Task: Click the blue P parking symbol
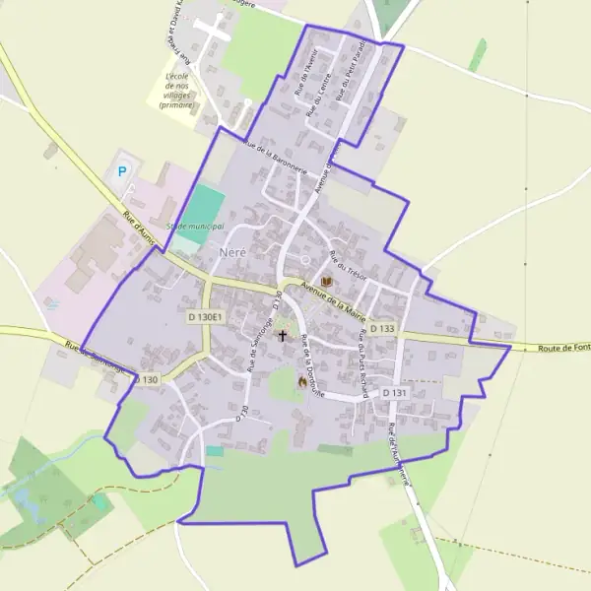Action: [x=123, y=171]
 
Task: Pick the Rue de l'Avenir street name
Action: [x=304, y=72]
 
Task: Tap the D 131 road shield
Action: [x=393, y=393]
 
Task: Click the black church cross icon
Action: [x=283, y=335]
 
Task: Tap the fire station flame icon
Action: [x=302, y=381]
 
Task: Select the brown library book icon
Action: [x=326, y=283]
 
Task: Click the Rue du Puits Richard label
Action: [x=367, y=368]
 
